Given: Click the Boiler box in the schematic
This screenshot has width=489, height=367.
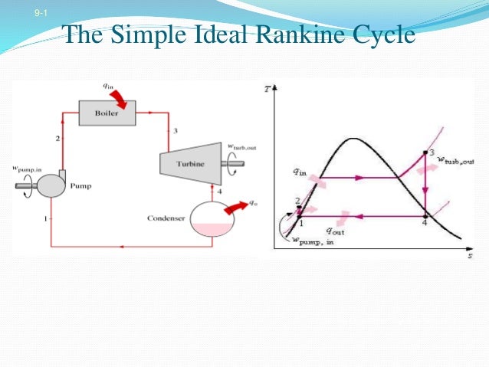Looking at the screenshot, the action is pyautogui.click(x=107, y=113).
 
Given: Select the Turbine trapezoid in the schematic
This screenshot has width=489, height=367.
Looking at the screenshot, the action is pyautogui.click(x=189, y=162).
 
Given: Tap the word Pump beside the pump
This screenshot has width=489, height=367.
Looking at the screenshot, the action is pyautogui.click(x=81, y=185).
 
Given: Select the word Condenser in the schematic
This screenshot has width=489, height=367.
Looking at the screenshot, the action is pyautogui.click(x=166, y=218).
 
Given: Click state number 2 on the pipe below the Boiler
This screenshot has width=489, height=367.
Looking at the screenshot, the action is pyautogui.click(x=57, y=138).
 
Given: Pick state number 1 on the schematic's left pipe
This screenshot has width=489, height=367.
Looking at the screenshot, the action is pyautogui.click(x=47, y=219).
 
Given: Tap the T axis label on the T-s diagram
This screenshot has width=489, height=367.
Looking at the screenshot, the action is pyautogui.click(x=267, y=88).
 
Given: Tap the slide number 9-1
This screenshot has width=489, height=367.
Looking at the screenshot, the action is pyautogui.click(x=40, y=14).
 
